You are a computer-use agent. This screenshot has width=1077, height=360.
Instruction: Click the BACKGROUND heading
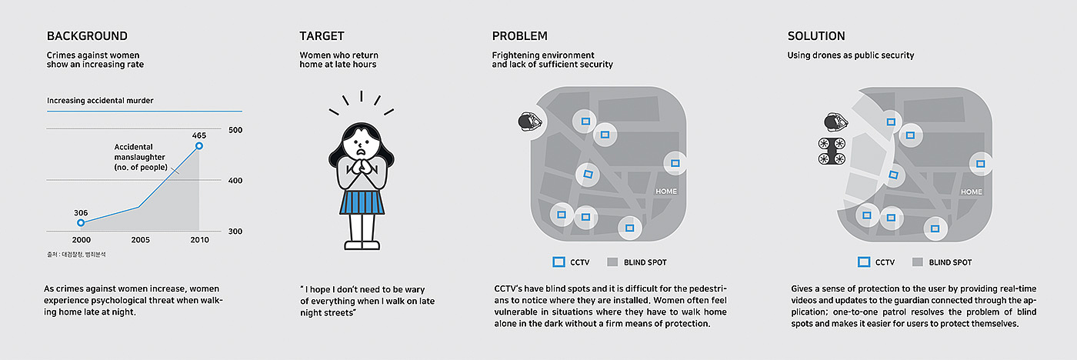pyautogui.click(x=87, y=36)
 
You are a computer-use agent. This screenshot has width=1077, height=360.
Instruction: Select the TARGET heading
pyautogui.click(x=322, y=36)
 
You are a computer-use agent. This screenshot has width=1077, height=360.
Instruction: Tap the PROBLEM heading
pyautogui.click(x=520, y=36)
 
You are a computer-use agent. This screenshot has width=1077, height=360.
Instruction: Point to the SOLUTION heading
pyautogui.click(x=816, y=36)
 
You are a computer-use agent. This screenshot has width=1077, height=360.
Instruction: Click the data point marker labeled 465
pyautogui.click(x=199, y=145)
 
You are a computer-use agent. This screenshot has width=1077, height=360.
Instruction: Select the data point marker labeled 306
pyautogui.click(x=81, y=222)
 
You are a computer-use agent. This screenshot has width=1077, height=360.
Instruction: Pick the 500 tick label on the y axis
pyautogui.click(x=235, y=130)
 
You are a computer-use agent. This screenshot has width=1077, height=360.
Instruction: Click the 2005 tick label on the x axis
pyautogui.click(x=140, y=240)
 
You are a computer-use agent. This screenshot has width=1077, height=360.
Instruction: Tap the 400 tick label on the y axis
pyautogui.click(x=235, y=181)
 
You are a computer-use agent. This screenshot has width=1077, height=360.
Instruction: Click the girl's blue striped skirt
pyautogui.click(x=362, y=202)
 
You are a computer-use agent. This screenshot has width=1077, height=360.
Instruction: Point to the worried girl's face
pyautogui.click(x=361, y=143)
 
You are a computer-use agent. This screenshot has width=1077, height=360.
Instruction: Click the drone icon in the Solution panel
pyautogui.click(x=832, y=151)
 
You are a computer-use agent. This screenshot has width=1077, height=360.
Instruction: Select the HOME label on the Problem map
pyautogui.click(x=666, y=192)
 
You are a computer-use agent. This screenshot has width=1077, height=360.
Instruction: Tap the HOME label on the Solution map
pyautogui.click(x=971, y=192)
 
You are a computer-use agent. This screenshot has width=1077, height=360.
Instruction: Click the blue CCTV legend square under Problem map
pyautogui.click(x=559, y=262)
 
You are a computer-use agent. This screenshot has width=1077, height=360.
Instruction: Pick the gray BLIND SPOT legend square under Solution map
pyautogui.click(x=917, y=262)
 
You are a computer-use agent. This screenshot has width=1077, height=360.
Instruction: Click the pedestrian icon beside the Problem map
pyautogui.click(x=530, y=122)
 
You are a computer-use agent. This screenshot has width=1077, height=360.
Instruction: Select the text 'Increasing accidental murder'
pyautogui.click(x=100, y=101)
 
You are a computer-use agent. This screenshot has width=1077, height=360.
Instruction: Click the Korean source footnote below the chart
pyautogui.click(x=76, y=255)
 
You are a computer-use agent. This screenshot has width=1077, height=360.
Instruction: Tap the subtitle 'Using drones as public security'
pyautogui.click(x=851, y=55)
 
